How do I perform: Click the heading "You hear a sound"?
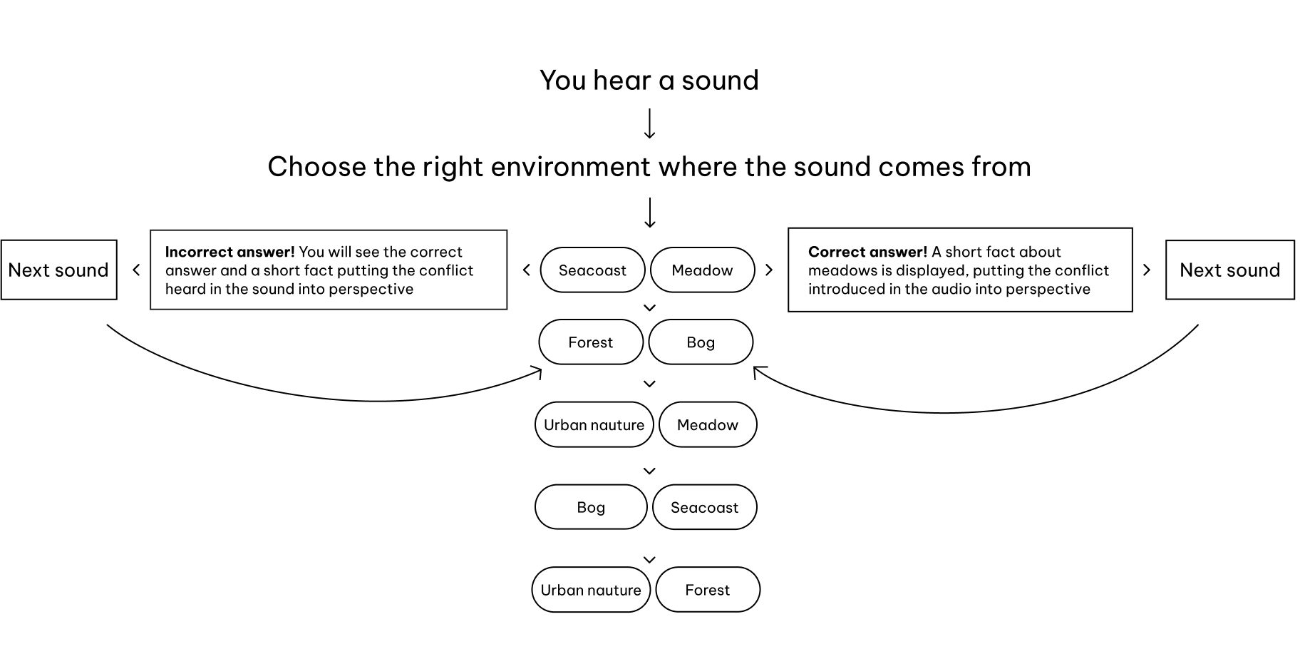click(x=649, y=80)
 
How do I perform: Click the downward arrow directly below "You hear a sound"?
click(x=649, y=123)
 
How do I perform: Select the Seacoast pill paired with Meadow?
click(x=592, y=270)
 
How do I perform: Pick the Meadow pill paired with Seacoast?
click(x=702, y=270)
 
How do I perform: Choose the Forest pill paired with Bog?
click(x=591, y=342)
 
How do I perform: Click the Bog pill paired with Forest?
click(x=701, y=342)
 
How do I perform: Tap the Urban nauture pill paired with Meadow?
click(x=594, y=424)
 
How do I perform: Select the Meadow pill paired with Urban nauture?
click(x=708, y=424)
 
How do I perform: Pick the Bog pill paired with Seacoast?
click(x=591, y=507)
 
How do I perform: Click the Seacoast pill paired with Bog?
click(x=705, y=507)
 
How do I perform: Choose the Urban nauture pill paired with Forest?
click(x=591, y=590)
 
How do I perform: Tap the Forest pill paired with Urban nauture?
click(x=708, y=590)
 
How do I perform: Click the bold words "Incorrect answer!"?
click(x=229, y=252)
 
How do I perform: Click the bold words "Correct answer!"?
click(x=867, y=252)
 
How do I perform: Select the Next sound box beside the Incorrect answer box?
click(x=58, y=270)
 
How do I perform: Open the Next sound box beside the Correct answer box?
click(x=1229, y=270)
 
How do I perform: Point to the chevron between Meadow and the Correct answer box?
click(x=769, y=270)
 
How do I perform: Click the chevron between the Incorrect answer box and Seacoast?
click(x=527, y=270)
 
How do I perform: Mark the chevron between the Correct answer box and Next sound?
click(x=1147, y=270)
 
